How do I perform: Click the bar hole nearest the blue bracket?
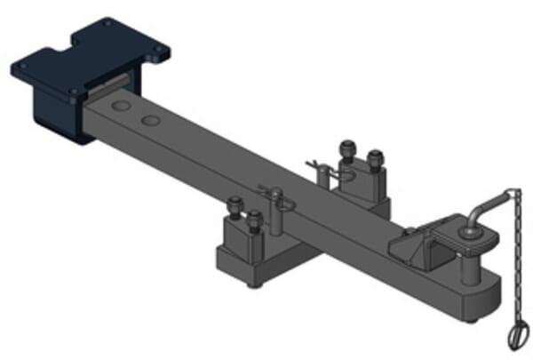[119, 106]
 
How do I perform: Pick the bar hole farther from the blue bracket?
[151, 117]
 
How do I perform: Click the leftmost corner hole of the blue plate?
[24, 65]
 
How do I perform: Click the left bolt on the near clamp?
[235, 206]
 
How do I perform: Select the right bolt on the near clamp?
[255, 217]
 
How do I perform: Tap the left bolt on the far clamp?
[346, 147]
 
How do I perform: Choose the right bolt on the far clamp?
[375, 157]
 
